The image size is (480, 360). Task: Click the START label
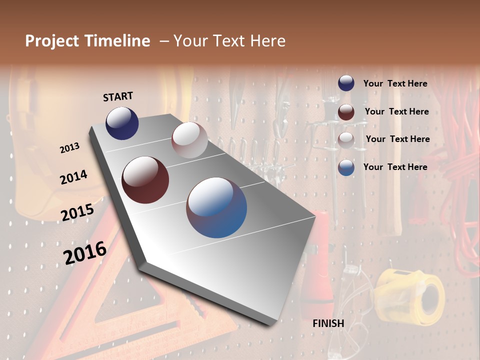coord(118,96)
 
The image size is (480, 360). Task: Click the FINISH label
coord(328,323)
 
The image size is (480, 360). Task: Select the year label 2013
coord(69,148)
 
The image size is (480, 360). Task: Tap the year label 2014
coord(73,177)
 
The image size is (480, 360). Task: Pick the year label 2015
coord(77,212)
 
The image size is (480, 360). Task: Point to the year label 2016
coord(84,252)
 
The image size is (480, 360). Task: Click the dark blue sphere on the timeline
coord(122,123)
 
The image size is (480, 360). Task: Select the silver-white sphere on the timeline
coord(189,140)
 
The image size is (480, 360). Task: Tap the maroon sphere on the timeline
coord(145,180)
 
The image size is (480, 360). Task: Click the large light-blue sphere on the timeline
coord(216,207)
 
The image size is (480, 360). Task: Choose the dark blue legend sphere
coord(346,83)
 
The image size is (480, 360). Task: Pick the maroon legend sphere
coord(346,112)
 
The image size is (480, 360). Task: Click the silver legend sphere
coord(346,140)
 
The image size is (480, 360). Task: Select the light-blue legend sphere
coord(346,167)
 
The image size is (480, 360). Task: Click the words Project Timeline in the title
coord(87,41)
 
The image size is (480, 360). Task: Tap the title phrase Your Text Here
coord(229,41)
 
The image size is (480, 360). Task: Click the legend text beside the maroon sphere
coord(396,111)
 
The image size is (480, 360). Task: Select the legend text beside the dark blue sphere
coord(395,83)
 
